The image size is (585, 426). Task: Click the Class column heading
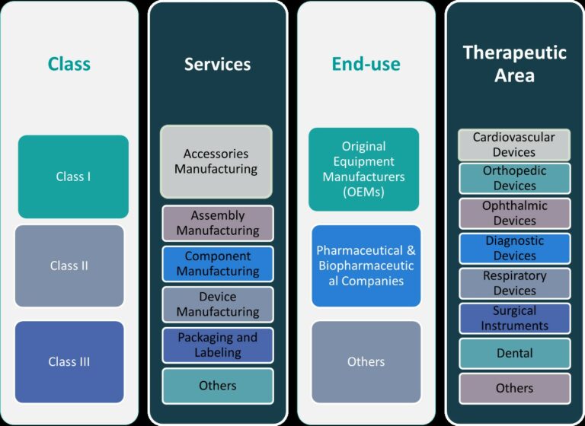click(69, 65)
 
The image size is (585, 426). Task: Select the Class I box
click(73, 176)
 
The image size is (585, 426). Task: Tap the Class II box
click(69, 265)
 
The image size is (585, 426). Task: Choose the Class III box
click(69, 361)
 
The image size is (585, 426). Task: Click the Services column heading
click(217, 65)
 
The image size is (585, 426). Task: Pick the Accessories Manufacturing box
click(216, 161)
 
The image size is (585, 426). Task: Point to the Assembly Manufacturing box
click(218, 223)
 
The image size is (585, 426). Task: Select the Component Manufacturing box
click(218, 263)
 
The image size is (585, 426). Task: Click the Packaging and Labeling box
click(218, 345)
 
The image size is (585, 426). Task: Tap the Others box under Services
click(218, 386)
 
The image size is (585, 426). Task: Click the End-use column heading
click(366, 65)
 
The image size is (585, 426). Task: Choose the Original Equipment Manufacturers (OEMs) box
click(364, 169)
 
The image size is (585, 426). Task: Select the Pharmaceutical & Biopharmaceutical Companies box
click(366, 265)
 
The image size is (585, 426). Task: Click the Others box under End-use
click(366, 361)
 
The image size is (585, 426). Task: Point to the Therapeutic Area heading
click(514, 64)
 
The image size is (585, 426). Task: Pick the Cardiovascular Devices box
click(514, 145)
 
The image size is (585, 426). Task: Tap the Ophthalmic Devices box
click(514, 214)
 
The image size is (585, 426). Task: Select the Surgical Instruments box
click(514, 318)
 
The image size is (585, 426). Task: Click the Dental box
click(514, 353)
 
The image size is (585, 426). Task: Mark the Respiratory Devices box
click(514, 283)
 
